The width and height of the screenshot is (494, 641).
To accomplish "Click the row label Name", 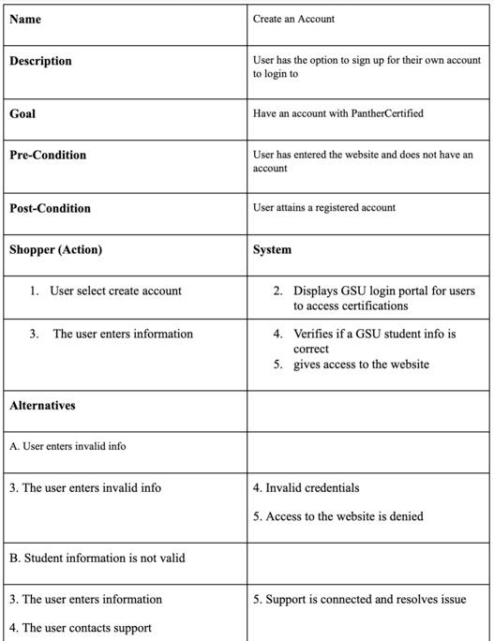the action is (x=25, y=19).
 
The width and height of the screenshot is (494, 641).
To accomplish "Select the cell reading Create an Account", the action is (x=293, y=19).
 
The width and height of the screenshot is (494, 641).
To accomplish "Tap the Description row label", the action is (x=40, y=61).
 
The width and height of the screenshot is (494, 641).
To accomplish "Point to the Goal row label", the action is (x=22, y=113).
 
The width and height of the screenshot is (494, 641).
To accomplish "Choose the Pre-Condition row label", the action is (x=48, y=155).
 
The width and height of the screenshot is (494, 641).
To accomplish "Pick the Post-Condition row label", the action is (x=50, y=208).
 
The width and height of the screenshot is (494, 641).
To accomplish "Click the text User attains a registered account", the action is (x=324, y=207).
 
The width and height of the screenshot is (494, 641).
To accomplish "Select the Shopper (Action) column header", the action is (x=55, y=249).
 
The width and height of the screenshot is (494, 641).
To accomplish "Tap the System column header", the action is (x=273, y=249).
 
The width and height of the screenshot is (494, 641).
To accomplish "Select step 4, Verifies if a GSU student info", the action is (x=373, y=341).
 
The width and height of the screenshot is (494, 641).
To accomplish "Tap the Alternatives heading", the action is (x=42, y=406).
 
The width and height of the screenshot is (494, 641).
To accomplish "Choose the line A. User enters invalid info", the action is (x=67, y=446).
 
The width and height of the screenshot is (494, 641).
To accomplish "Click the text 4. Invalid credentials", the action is (x=306, y=487).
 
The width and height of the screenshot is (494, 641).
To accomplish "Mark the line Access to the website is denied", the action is (x=344, y=515).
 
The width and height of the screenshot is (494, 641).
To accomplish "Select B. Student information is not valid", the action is (x=97, y=558).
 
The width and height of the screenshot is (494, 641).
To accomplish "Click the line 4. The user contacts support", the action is (x=81, y=627).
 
